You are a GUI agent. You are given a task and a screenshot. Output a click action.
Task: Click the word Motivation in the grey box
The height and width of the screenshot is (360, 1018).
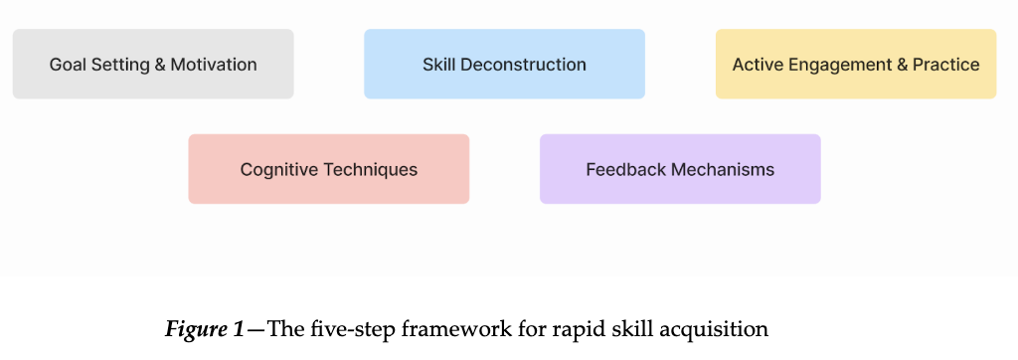(x=214, y=65)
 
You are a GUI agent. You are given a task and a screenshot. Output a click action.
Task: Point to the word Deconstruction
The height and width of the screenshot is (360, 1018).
(x=532, y=65)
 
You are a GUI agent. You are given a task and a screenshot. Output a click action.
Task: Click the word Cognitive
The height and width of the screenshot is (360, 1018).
(x=277, y=170)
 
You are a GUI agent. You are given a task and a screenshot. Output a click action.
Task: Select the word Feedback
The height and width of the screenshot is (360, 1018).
(x=624, y=170)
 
